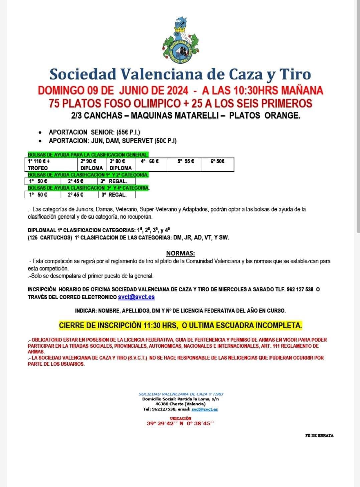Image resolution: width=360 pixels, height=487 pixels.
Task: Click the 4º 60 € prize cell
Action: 149,161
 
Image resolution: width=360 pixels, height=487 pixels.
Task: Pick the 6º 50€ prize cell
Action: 217,161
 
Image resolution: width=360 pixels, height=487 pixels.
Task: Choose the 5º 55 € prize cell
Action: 186,161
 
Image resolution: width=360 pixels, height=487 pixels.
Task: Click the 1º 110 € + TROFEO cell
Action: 51,164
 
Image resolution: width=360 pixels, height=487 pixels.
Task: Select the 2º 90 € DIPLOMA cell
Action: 92,164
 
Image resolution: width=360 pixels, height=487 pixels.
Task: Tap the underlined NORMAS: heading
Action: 180,254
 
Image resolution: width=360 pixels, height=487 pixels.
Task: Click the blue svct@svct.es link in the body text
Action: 136,297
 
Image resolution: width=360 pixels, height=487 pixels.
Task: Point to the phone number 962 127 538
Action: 300,290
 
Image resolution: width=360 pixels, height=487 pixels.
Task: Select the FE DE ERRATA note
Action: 319,435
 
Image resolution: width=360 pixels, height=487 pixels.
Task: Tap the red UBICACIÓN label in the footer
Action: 180,418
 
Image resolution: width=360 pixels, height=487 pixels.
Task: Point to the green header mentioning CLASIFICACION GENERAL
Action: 88,154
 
